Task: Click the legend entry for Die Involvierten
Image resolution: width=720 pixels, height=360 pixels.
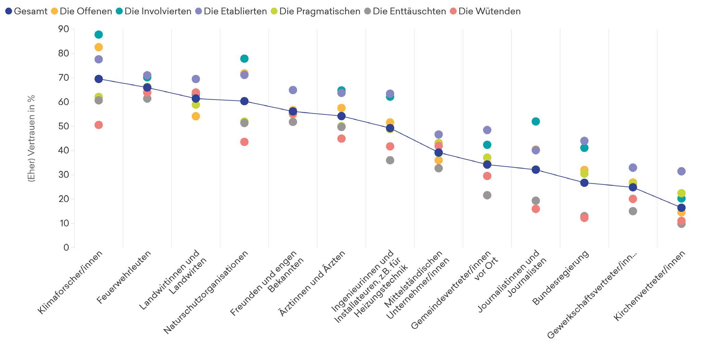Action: pyautogui.click(x=154, y=11)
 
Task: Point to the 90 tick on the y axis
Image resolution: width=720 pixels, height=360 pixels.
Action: pyautogui.click(x=64, y=29)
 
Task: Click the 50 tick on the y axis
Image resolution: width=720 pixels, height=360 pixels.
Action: pyautogui.click(x=64, y=126)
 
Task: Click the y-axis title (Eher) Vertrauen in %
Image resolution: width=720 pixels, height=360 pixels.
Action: pyautogui.click(x=31, y=138)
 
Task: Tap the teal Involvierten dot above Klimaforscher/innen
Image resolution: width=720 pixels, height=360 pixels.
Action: pyautogui.click(x=99, y=35)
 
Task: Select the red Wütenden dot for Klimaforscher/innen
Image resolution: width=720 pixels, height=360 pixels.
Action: pyautogui.click(x=99, y=125)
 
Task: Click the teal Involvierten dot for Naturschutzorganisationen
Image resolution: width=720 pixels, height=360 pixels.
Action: pyautogui.click(x=244, y=59)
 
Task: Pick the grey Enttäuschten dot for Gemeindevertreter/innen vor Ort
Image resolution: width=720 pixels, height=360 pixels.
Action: pyautogui.click(x=487, y=195)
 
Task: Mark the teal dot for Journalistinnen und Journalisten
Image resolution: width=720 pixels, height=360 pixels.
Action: pyautogui.click(x=535, y=121)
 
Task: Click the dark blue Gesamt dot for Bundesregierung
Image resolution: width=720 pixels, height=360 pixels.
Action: pyautogui.click(x=584, y=183)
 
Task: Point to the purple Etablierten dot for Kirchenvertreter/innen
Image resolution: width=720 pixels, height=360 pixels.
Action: pyautogui.click(x=681, y=171)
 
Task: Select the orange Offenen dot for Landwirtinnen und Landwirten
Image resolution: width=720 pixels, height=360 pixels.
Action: pyautogui.click(x=195, y=116)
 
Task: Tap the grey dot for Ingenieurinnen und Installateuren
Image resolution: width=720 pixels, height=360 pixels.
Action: pyautogui.click(x=390, y=160)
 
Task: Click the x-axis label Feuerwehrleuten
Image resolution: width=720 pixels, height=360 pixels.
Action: pyautogui.click(x=124, y=278)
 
